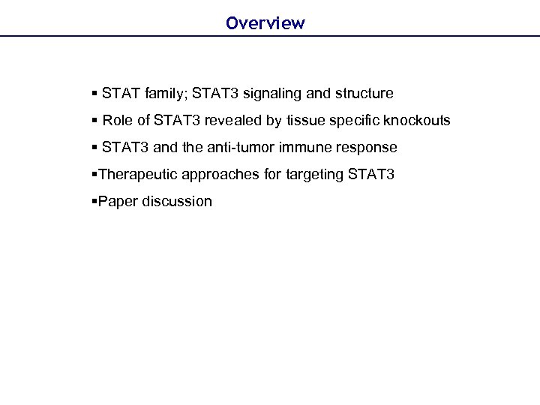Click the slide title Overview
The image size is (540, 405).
265,23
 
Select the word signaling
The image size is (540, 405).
278,94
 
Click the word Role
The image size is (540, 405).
117,121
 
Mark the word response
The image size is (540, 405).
366,148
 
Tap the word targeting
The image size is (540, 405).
312,175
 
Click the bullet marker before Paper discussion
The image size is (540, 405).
94,202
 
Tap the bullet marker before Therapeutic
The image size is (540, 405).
94,175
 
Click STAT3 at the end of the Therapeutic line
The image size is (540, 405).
371,175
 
